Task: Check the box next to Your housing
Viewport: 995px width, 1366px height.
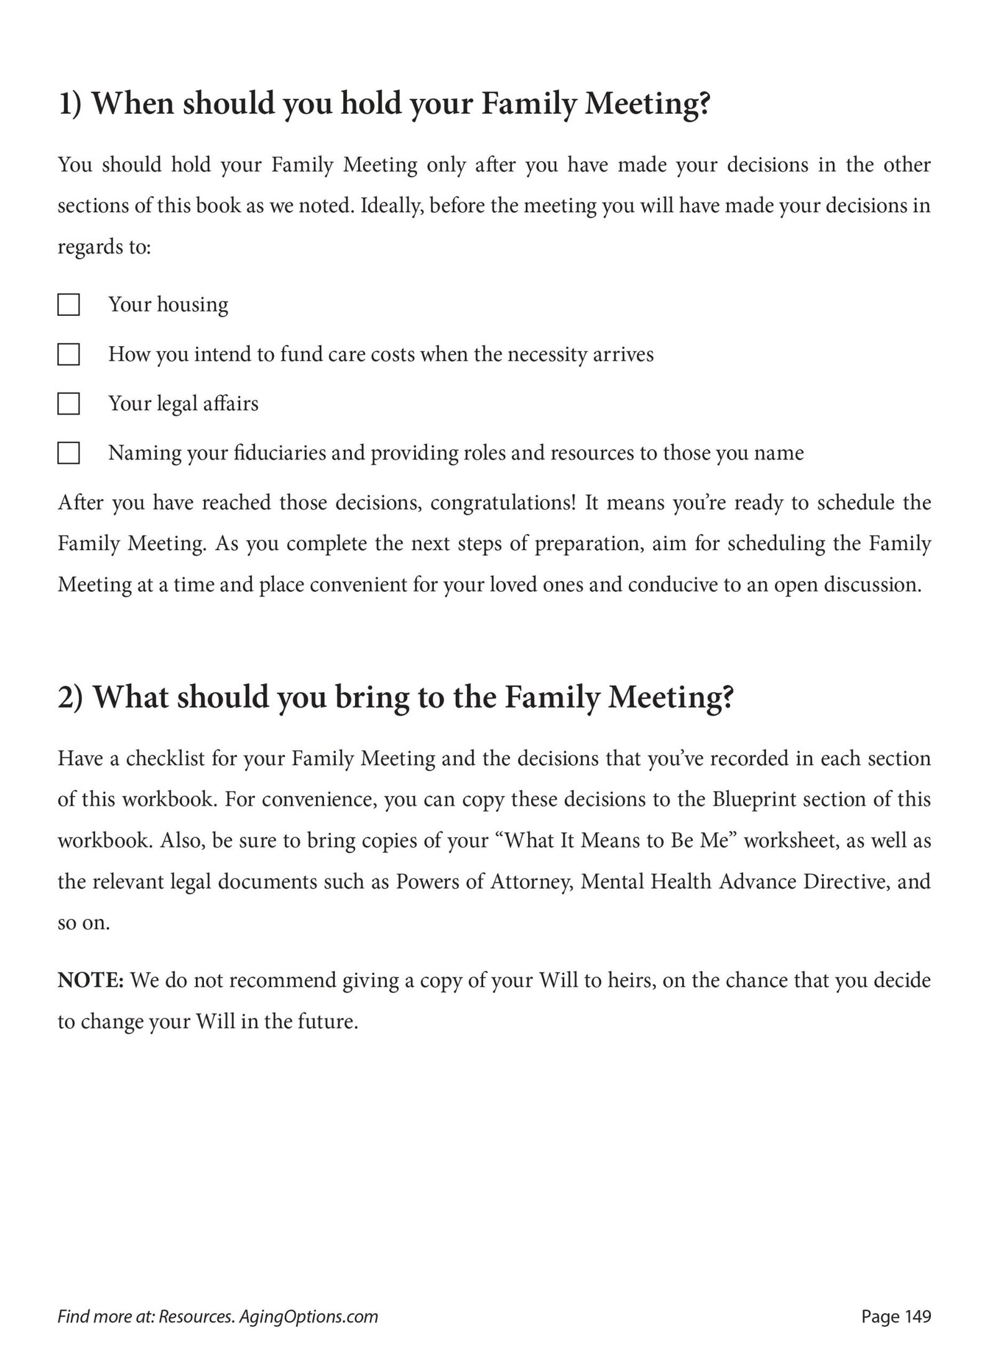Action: click(68, 305)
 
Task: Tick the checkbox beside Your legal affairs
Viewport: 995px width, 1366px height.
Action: click(68, 404)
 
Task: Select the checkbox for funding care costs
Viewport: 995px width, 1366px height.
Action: click(68, 355)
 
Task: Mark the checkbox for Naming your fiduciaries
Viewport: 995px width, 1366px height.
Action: click(68, 453)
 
